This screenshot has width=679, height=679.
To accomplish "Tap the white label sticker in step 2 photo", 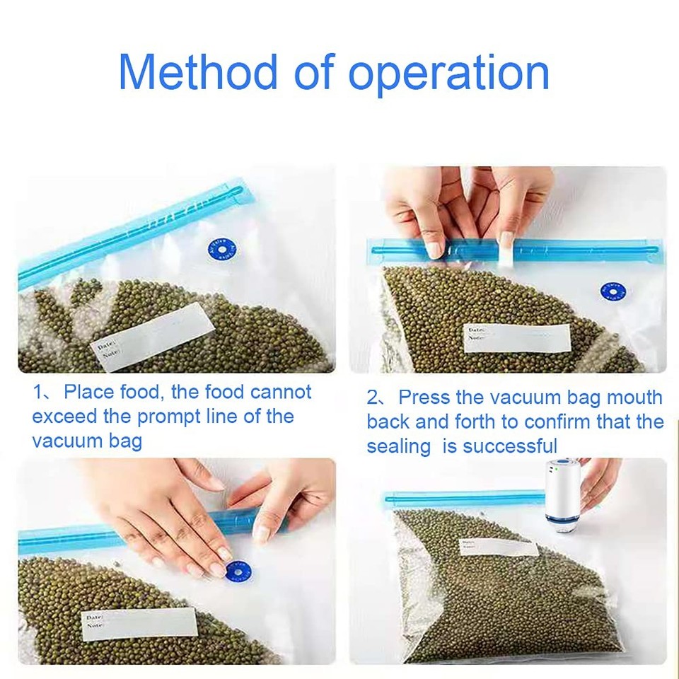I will pos(517,337).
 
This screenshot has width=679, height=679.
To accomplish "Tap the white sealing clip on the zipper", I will pos(506,252).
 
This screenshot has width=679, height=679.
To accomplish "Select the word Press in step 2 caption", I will pos(428,397).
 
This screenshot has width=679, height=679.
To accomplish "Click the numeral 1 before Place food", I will pos(37,393).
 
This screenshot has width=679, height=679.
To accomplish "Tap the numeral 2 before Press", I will pos(372,397).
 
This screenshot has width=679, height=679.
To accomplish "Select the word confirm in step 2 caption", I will pos(550,422).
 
